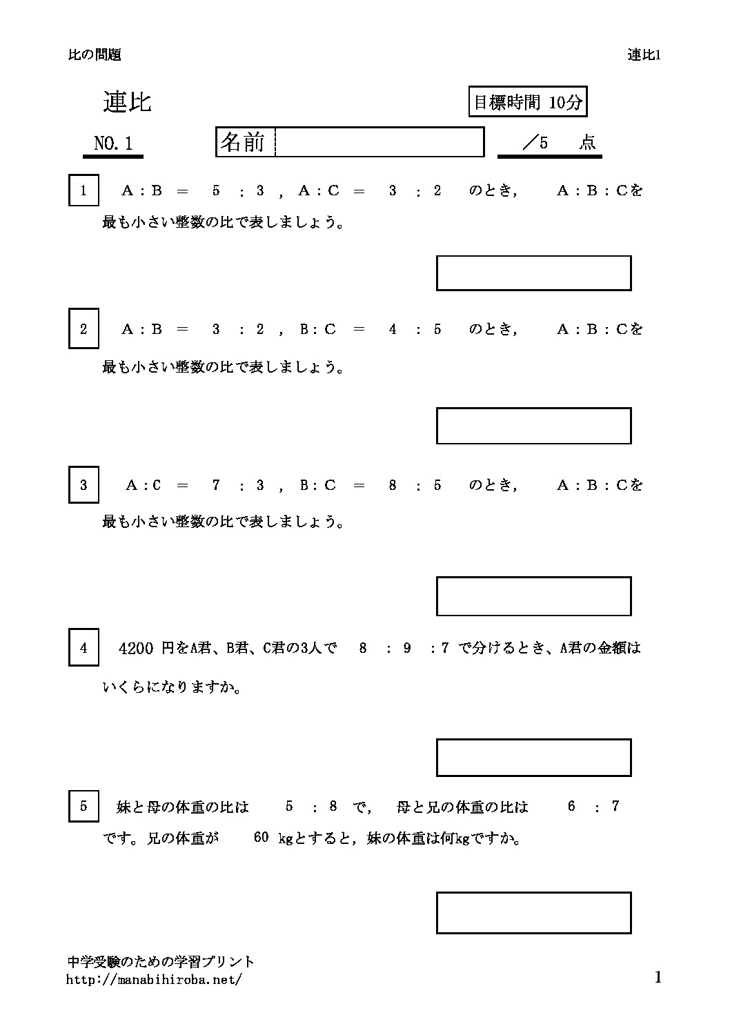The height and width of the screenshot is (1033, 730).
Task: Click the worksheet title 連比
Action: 127,102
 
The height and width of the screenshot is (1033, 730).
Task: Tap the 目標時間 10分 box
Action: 528,103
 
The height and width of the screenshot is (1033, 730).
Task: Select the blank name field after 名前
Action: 379,142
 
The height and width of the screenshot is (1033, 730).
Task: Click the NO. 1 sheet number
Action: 113,144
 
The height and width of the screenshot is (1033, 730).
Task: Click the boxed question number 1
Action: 83,190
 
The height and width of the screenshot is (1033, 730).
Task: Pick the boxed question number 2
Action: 83,329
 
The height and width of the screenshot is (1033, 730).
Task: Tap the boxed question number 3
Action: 83,484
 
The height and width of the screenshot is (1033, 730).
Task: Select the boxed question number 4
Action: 83,647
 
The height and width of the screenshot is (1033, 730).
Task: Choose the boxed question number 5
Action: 83,805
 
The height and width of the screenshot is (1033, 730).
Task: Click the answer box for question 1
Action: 533,273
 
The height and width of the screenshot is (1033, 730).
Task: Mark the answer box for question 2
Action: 533,426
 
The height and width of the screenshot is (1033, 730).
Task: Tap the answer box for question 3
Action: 533,596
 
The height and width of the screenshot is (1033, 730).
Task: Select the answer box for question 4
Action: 533,757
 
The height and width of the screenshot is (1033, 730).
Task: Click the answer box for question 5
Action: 533,912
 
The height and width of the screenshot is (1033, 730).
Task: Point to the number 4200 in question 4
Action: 136,648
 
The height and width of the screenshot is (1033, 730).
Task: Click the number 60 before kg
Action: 261,838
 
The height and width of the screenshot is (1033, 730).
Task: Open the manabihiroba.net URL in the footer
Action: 154,979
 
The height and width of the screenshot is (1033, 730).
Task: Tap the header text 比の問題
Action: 95,55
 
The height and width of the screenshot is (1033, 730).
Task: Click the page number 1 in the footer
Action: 658,977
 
